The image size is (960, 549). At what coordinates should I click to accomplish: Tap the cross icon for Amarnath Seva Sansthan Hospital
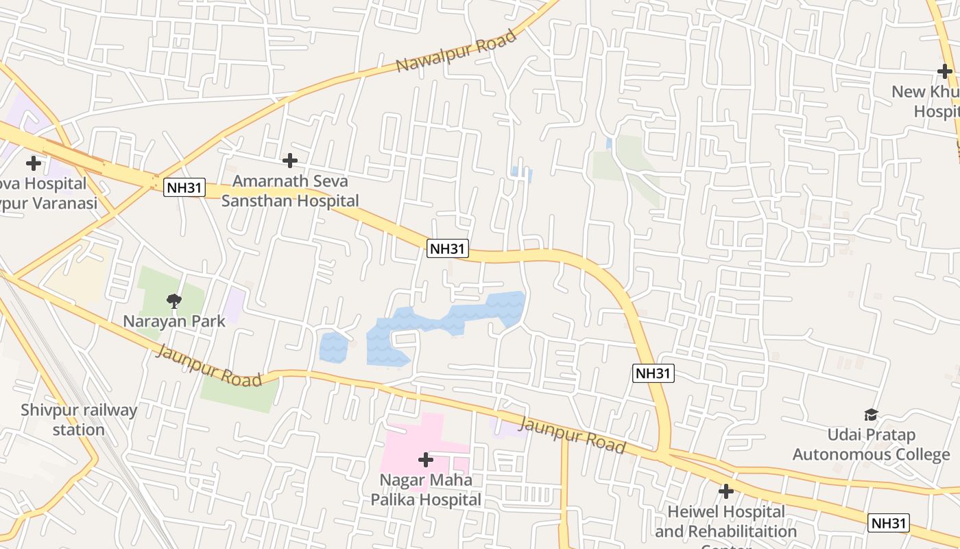pos(290,161)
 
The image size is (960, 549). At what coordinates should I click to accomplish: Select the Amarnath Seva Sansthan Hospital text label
pos(290,191)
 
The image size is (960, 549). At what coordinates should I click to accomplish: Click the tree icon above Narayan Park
pos(174,300)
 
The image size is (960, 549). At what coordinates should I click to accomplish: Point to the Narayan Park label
pos(174,320)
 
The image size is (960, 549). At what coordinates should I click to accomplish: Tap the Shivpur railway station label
pos(79,420)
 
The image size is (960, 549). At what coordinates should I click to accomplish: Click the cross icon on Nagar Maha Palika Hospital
pos(426,459)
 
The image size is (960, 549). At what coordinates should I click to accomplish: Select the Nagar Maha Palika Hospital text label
pos(426,489)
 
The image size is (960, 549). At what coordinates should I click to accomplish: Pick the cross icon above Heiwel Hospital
pos(726,491)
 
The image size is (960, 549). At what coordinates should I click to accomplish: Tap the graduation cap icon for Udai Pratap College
pos(871,414)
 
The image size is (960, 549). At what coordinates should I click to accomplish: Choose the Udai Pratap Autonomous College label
pos(871,445)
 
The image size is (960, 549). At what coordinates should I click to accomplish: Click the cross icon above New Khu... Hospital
pos(945,71)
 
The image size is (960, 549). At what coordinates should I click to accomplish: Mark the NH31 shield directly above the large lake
pos(448,248)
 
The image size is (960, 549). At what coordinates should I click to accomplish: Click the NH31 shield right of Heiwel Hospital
pos(889,523)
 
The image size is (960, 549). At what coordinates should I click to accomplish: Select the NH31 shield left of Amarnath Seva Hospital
pos(184,187)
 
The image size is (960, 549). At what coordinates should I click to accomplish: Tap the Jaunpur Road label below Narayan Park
pos(210,366)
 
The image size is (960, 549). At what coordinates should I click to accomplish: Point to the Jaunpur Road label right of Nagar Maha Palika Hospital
pos(572,434)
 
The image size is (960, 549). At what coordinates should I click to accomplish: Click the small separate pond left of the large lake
pos(333,347)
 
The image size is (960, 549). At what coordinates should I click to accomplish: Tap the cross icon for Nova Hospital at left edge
pos(33,163)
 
